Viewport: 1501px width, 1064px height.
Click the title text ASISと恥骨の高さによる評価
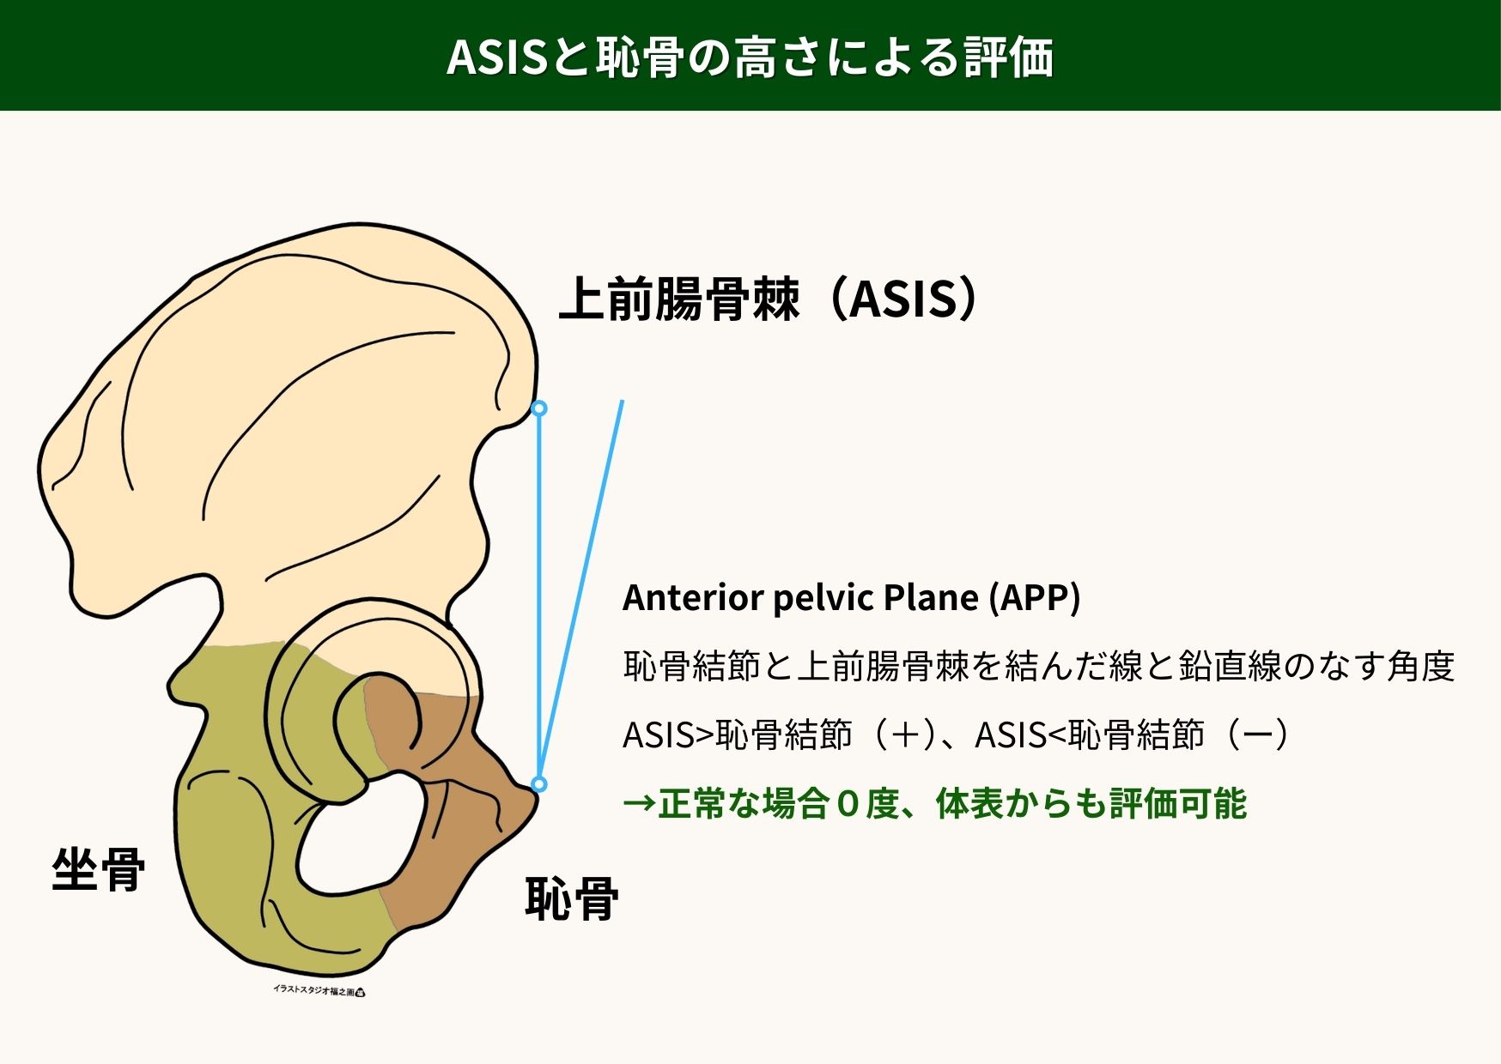coord(750,57)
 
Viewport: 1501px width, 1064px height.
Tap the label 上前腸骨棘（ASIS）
coord(769,299)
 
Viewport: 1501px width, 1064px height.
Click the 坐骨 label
coord(99,869)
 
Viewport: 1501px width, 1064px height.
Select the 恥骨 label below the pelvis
coord(572,899)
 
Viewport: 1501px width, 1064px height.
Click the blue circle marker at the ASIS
coord(539,408)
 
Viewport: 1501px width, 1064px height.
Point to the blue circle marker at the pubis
coord(538,783)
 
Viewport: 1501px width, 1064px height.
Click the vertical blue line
coord(539,596)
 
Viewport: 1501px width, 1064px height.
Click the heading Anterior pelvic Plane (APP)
coord(851,598)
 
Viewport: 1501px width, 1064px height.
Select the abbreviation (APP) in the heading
coord(1034,598)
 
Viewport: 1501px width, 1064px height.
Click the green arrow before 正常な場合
coord(639,804)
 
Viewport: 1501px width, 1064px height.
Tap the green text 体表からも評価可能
coord(1091,804)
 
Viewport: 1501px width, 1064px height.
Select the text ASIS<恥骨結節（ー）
coord(1132,735)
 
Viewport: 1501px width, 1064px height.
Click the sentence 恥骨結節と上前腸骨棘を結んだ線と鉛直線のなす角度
coord(1039,667)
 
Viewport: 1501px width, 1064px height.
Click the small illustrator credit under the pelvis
coord(319,990)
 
